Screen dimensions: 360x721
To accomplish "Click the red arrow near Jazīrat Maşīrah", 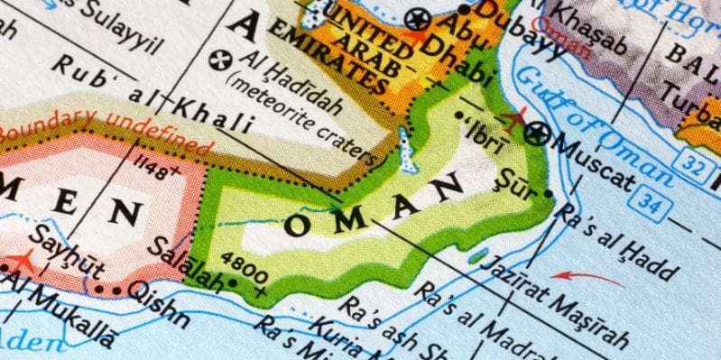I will click(x=587, y=278).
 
